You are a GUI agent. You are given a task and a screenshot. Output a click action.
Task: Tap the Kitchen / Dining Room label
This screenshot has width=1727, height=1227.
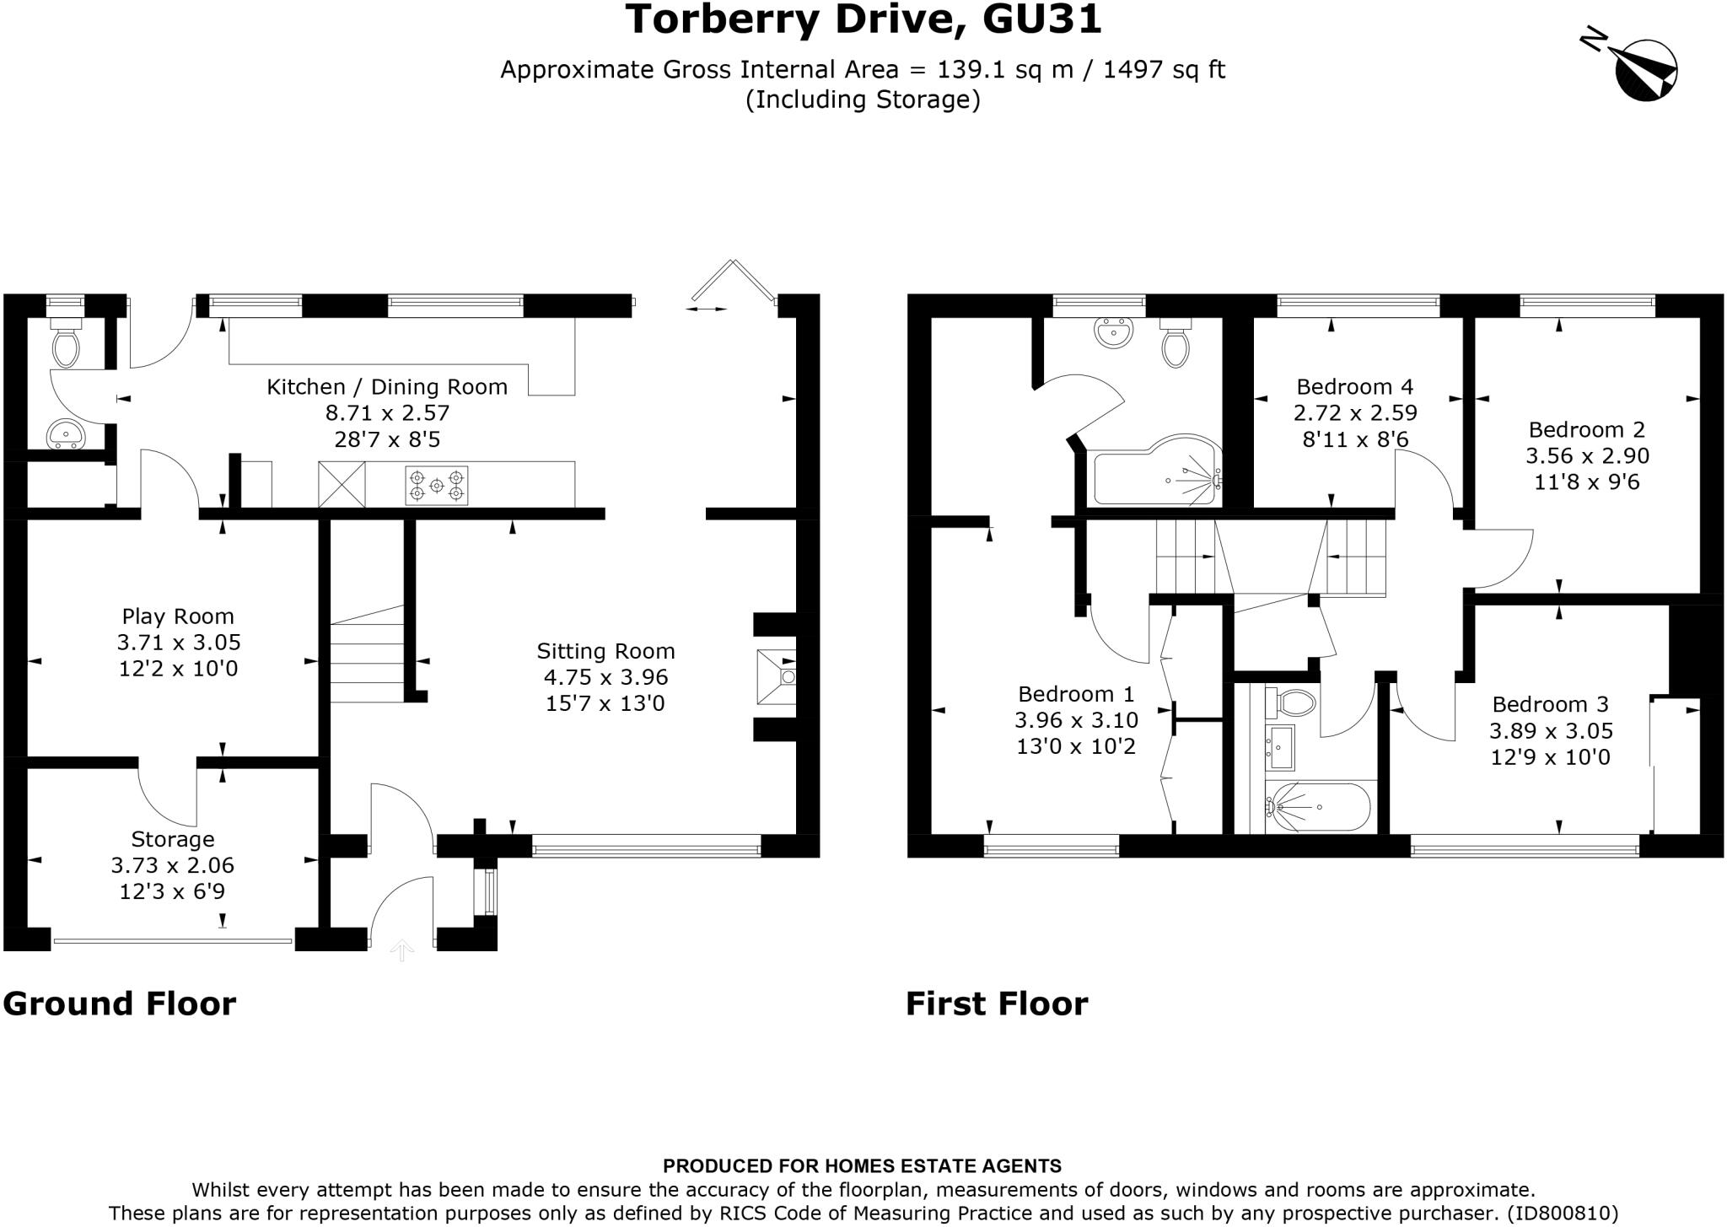click(x=387, y=387)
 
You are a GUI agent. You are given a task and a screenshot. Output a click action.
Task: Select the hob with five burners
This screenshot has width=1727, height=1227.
click(x=437, y=486)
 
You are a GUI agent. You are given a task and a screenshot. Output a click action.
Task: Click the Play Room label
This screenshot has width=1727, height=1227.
click(x=178, y=616)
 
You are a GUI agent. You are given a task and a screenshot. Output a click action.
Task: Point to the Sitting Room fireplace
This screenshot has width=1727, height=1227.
click(x=777, y=676)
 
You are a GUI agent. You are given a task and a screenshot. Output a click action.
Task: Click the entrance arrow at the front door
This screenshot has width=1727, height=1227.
click(x=402, y=950)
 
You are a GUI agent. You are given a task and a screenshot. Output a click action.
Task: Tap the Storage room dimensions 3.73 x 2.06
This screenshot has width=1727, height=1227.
click(x=172, y=865)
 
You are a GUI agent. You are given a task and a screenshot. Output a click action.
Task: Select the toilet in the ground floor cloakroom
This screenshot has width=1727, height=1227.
click(x=66, y=342)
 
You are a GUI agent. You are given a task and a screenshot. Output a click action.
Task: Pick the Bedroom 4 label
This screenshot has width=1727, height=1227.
click(x=1354, y=387)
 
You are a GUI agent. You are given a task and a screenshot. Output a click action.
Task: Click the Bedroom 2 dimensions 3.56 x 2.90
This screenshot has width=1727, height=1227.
click(x=1587, y=456)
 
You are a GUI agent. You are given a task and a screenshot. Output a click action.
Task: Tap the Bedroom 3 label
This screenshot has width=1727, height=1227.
click(x=1550, y=704)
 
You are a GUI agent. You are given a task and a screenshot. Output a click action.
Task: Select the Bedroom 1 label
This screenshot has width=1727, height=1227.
click(x=1076, y=694)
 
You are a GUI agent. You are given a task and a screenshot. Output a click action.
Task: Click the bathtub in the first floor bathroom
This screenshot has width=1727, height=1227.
click(x=1320, y=807)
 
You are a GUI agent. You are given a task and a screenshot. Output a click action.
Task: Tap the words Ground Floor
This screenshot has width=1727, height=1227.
click(x=120, y=1004)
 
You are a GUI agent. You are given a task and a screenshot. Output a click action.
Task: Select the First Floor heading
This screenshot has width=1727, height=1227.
click(x=997, y=1004)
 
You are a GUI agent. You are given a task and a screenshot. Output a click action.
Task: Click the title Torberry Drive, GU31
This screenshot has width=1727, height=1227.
click(x=863, y=20)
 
